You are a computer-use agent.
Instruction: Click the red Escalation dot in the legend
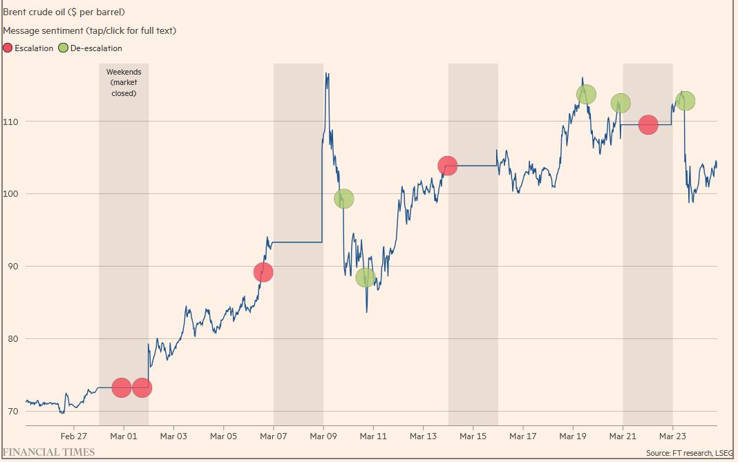tap(8, 48)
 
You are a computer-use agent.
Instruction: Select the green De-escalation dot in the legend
tap(64, 48)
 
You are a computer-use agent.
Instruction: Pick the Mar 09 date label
tap(323, 436)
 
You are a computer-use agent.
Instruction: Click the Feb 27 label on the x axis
tap(73, 436)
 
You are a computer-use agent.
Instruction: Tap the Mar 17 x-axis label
tap(522, 436)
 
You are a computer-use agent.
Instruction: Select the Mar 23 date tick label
tap(672, 436)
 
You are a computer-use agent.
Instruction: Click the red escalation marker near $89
tap(263, 272)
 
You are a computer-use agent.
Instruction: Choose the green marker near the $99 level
tap(344, 199)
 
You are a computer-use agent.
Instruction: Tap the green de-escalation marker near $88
tap(366, 278)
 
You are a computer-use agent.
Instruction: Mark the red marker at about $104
tap(448, 165)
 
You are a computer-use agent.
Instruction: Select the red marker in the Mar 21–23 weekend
tap(648, 125)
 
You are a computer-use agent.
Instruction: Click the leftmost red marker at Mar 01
tap(122, 388)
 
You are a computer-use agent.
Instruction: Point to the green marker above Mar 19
tap(586, 94)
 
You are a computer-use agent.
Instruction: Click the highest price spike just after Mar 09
tap(326, 73)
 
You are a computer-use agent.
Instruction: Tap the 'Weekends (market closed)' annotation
tap(124, 82)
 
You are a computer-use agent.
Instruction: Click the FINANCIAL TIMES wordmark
tap(49, 452)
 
